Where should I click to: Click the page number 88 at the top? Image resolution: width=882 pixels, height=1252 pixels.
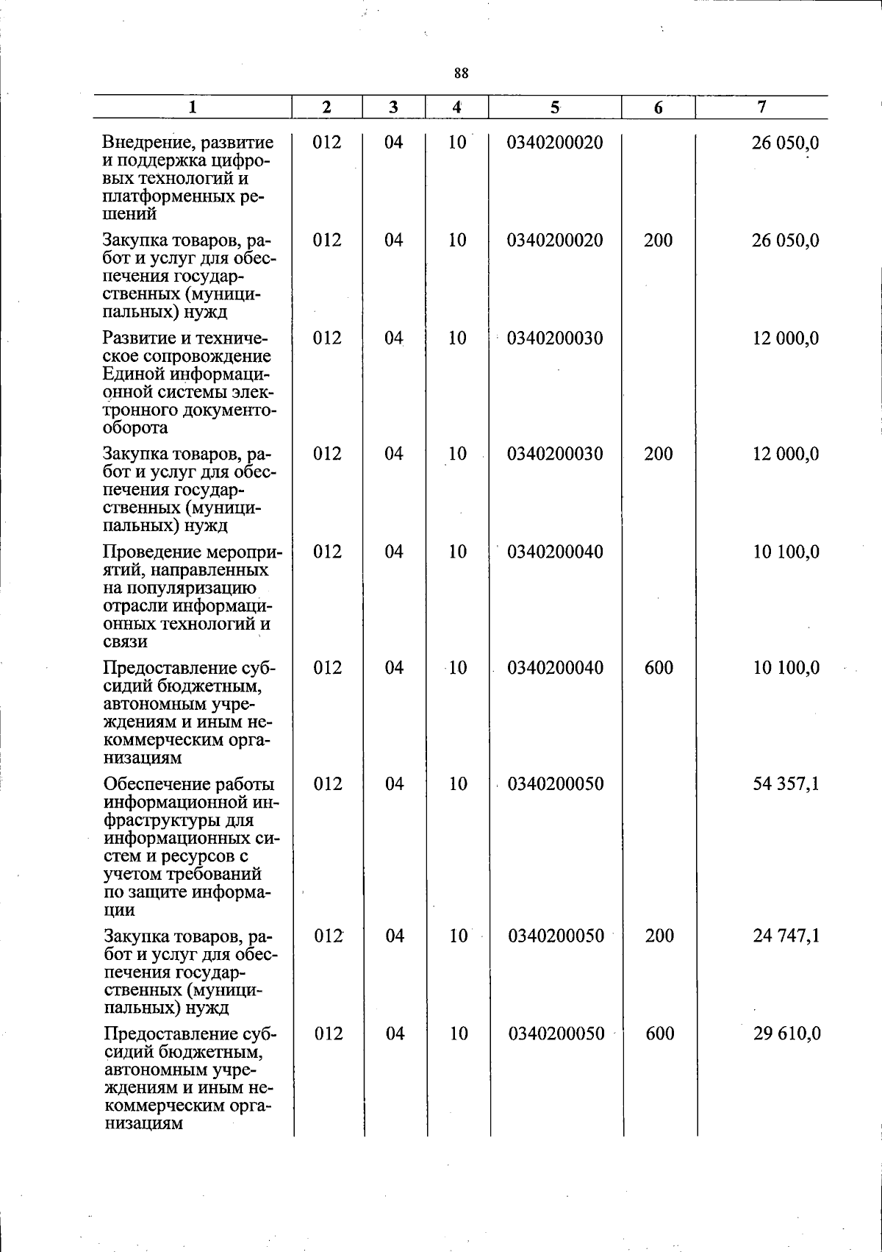click(462, 73)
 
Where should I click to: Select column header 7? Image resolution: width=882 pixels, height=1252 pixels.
click(761, 107)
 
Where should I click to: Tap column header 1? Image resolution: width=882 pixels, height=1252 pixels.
click(192, 107)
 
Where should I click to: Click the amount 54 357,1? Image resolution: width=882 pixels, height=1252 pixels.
click(786, 784)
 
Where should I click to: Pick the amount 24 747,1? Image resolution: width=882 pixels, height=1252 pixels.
click(786, 936)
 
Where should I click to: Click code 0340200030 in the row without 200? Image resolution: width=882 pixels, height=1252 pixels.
click(555, 338)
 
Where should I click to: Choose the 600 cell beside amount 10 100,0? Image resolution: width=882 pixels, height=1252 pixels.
click(659, 668)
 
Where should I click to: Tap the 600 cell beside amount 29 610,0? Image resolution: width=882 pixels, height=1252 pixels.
click(660, 1034)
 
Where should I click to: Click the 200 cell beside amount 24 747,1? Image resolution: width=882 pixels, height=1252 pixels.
click(659, 936)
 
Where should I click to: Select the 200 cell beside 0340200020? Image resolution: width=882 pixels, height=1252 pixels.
click(658, 241)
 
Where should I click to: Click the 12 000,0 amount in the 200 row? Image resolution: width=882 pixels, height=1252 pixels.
click(785, 454)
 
